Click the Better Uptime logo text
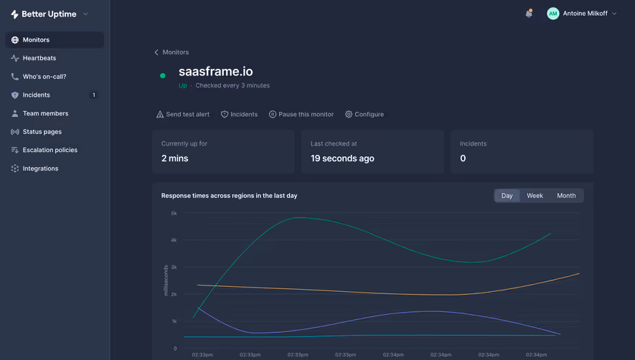coord(50,14)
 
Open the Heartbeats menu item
coord(39,58)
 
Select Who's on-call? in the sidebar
coord(44,77)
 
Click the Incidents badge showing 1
coord(93,95)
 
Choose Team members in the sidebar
coord(45,113)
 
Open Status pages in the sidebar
coord(42,132)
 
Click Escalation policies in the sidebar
coord(50,150)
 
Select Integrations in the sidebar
coord(40,169)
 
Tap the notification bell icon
coord(529,14)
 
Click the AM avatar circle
coord(552,14)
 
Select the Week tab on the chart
coord(535,196)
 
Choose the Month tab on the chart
coord(566,196)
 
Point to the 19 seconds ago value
coord(342,158)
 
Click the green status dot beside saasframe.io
coord(163,75)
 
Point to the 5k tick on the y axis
coord(174,213)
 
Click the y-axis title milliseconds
coord(166,280)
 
